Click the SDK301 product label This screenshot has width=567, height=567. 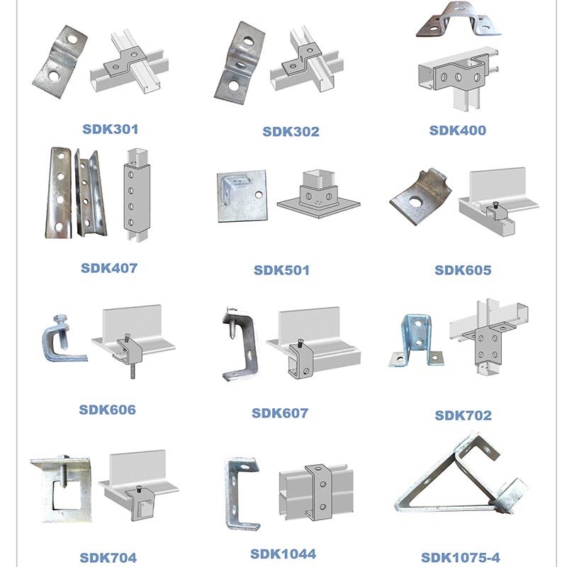coord(111,129)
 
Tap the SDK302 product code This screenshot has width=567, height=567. coord(291,132)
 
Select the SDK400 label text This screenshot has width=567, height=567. coord(457,130)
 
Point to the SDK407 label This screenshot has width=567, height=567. coord(109,268)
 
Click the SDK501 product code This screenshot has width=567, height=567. coord(281,270)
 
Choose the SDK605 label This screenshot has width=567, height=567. coord(463,270)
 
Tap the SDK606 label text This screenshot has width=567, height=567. coord(108,410)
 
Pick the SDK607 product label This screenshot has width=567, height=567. coord(280,413)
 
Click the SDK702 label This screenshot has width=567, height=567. coord(464,415)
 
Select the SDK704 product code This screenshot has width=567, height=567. coord(108,558)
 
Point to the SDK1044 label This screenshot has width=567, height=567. coord(283,554)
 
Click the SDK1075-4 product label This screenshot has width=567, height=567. coord(461,557)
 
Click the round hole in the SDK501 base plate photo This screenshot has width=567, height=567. coord(259,195)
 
